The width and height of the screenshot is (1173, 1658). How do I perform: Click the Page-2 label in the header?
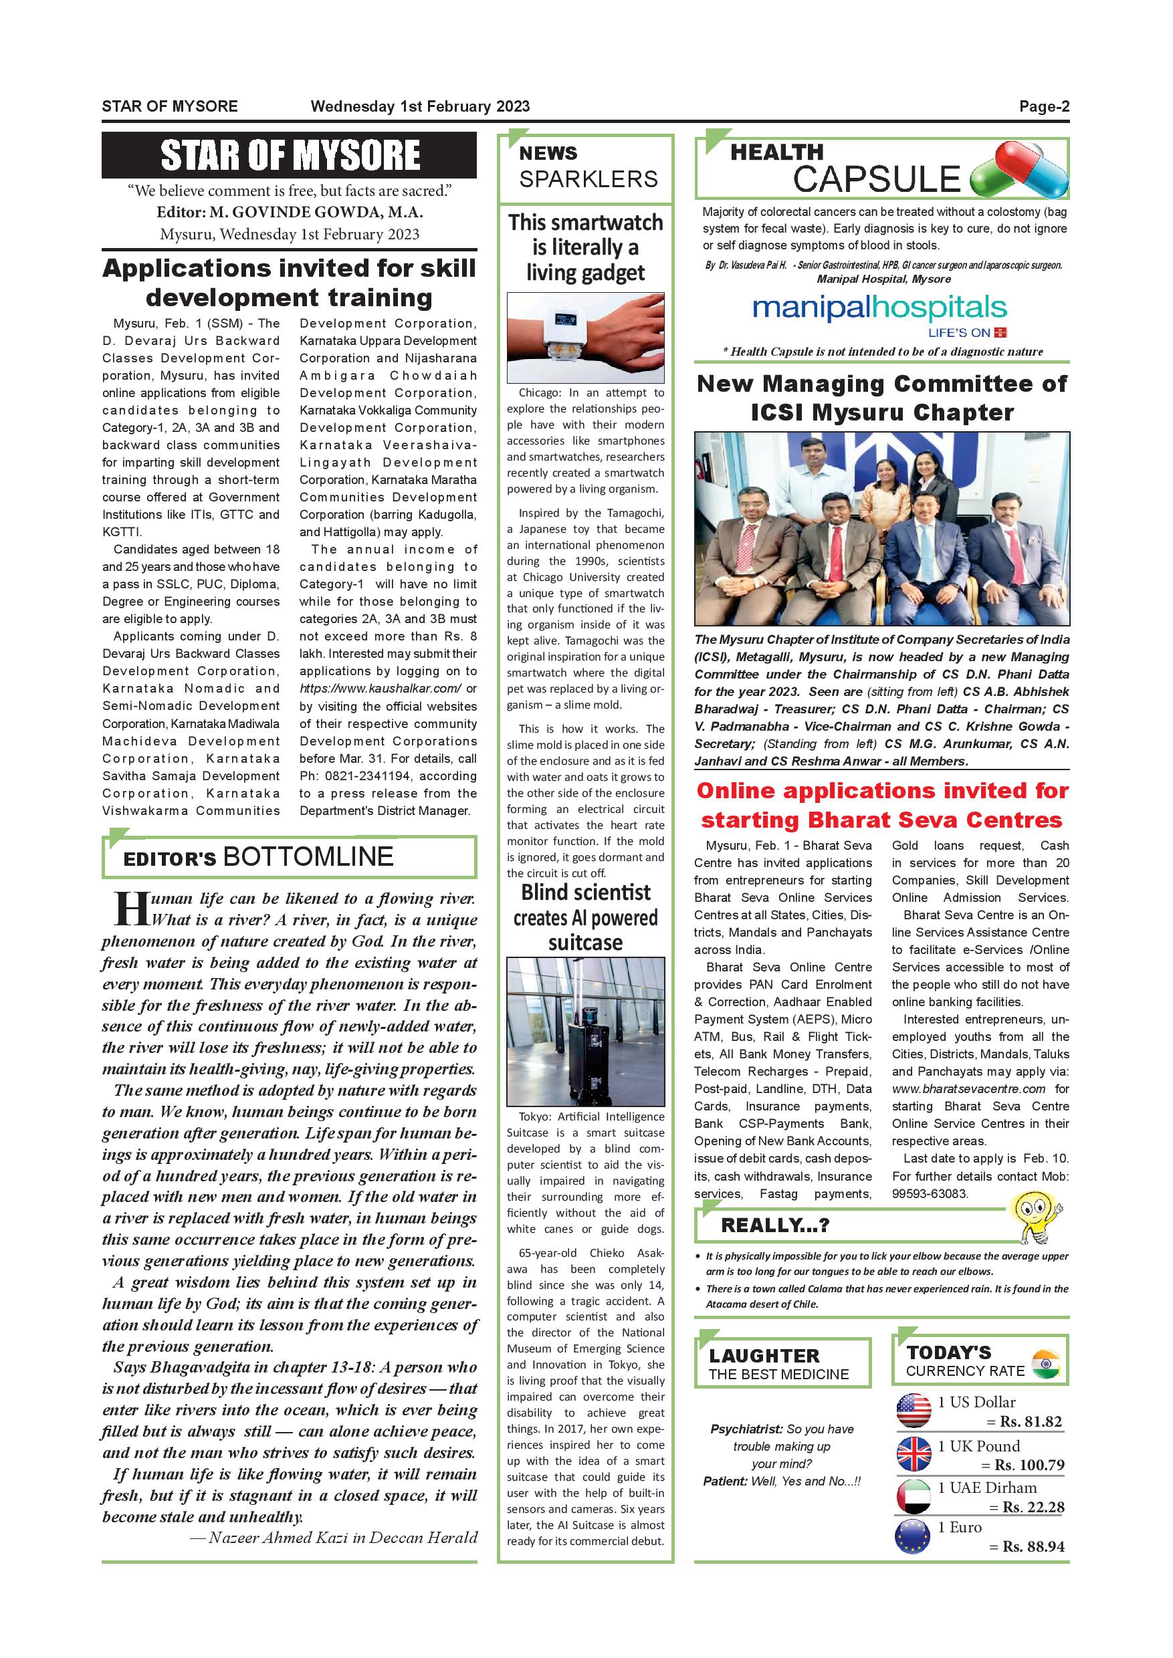point(1044,107)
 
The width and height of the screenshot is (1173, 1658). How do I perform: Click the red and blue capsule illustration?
point(1019,170)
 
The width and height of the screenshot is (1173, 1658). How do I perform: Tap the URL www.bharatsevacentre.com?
point(968,1088)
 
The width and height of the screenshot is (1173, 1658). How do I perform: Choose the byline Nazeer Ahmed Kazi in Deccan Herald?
point(334,1538)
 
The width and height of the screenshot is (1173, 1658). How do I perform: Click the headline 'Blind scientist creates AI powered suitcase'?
point(585,917)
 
